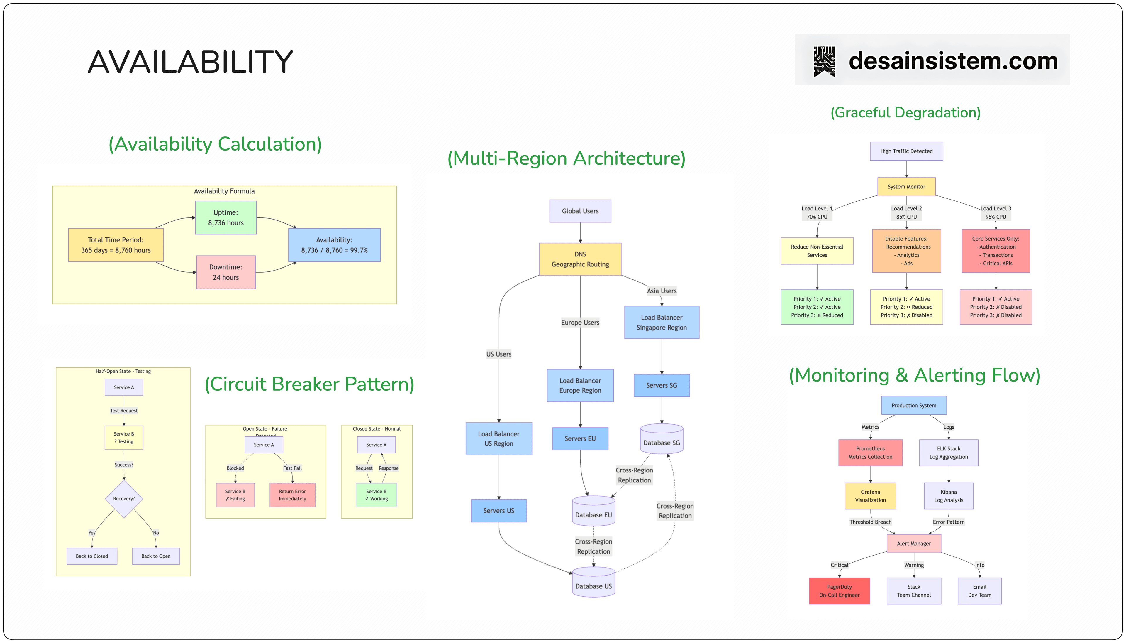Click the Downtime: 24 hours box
(x=225, y=272)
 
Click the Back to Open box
(x=156, y=556)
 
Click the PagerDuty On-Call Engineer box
(x=839, y=591)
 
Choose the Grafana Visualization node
(x=870, y=496)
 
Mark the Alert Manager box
(x=913, y=544)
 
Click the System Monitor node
(x=906, y=187)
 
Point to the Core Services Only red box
(x=996, y=251)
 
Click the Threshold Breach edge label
(x=870, y=522)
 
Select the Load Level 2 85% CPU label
(x=906, y=212)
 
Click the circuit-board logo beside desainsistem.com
(x=824, y=61)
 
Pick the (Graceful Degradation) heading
(x=905, y=113)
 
